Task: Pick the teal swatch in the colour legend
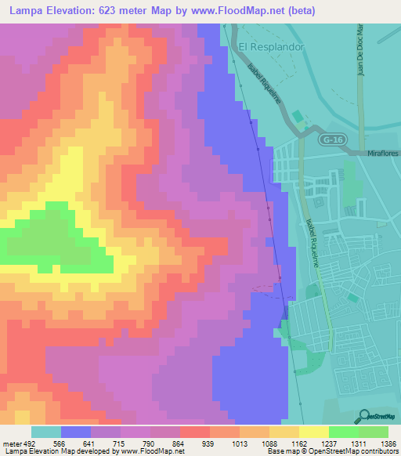(46, 432)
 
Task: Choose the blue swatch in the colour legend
(76, 432)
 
